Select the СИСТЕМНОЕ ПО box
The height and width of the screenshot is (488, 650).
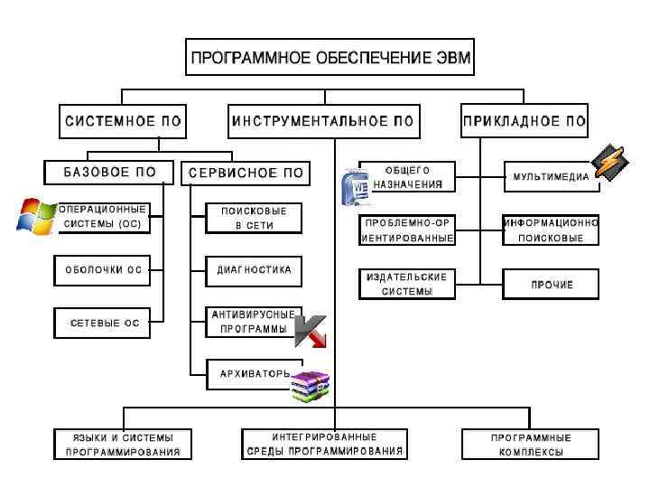coord(123,120)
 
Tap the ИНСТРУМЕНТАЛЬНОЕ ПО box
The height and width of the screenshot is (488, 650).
coord(322,120)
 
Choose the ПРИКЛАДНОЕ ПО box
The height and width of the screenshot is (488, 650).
coord(525,120)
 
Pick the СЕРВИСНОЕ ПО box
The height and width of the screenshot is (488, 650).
coord(246,173)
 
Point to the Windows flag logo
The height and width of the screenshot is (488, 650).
coord(37,216)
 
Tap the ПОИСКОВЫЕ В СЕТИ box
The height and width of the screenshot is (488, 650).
coord(254,218)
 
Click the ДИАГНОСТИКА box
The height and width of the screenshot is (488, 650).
coord(254,269)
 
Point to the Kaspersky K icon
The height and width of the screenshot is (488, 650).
coord(311,333)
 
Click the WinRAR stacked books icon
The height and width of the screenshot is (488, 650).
coord(309,386)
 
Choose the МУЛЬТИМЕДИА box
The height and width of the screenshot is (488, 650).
coord(551,177)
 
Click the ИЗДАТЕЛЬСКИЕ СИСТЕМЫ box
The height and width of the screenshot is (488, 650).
coord(406,284)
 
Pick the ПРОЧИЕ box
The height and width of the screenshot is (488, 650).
coord(551,284)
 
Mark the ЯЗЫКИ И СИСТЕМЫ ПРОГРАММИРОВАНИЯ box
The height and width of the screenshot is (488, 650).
coord(122,444)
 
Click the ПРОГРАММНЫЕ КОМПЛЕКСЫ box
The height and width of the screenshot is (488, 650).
coord(531,444)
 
